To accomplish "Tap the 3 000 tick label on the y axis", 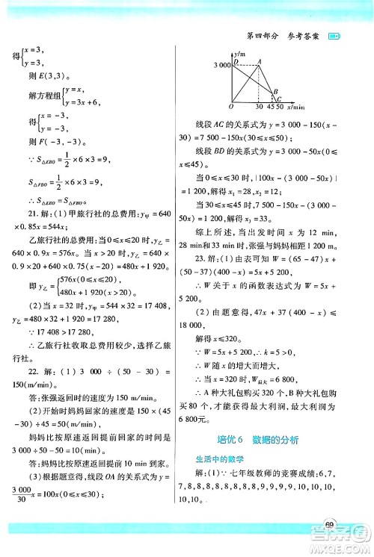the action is click(223, 67).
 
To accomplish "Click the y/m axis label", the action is click(241, 54).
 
